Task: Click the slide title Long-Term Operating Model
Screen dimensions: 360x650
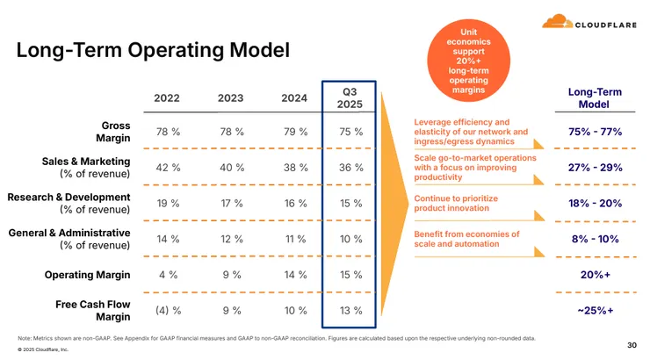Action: click(153, 51)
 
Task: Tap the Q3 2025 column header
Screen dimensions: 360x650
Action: click(350, 97)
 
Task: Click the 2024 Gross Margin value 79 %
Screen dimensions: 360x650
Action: click(294, 132)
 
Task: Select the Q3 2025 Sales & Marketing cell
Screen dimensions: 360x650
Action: click(350, 168)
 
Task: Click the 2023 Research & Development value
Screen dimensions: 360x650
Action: click(230, 203)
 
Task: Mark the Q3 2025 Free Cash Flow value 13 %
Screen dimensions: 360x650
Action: click(350, 310)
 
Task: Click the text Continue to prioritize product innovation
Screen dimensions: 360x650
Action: click(456, 204)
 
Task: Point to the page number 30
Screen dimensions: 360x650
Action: click(632, 344)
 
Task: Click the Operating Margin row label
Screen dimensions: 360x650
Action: click(87, 275)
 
